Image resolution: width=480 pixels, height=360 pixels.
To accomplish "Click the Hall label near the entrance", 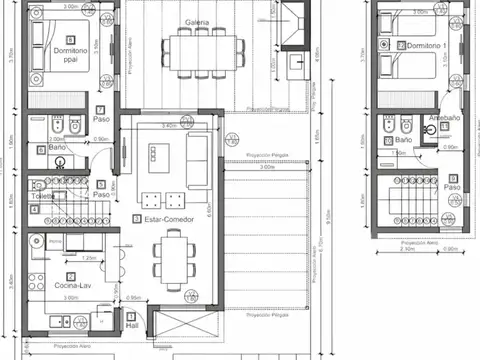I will (131, 325).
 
